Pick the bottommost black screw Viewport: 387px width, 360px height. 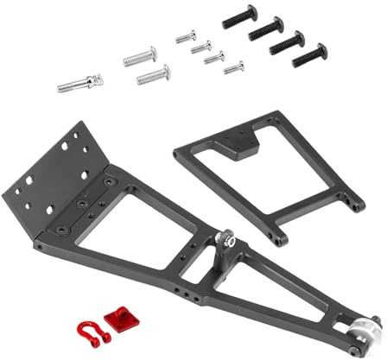pos(309,54)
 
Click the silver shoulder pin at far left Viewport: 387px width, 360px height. pos(80,84)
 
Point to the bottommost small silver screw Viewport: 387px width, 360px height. pos(233,66)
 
